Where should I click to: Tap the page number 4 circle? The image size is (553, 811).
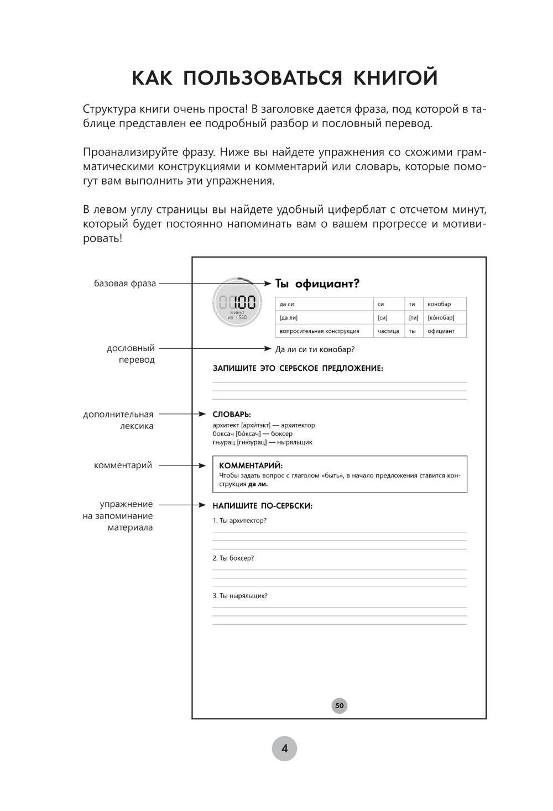coord(284,749)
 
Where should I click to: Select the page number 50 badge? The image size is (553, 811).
coord(339,705)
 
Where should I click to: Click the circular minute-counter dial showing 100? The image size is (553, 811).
coord(237,303)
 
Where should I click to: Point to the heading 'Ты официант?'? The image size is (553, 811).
coord(317,284)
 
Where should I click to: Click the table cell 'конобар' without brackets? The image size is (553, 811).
coord(439,304)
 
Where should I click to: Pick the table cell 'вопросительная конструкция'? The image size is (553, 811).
coord(319,331)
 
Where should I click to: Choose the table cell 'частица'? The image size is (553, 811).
coord(388,331)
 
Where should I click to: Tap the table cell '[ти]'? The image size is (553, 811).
coord(413,318)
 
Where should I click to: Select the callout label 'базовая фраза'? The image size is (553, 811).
coord(125,284)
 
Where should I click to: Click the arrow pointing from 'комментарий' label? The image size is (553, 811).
coord(182,465)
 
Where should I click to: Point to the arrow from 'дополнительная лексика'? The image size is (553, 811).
coord(182,414)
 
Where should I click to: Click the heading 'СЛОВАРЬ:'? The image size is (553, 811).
coord(232,414)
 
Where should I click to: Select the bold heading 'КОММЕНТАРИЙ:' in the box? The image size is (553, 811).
coord(251,465)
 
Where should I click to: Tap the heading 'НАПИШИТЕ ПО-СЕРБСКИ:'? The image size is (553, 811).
coord(263,505)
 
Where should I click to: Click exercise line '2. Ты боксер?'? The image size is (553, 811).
coord(233,558)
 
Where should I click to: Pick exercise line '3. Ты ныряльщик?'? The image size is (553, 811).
coord(240,596)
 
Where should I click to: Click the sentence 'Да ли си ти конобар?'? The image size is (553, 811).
coord(315,349)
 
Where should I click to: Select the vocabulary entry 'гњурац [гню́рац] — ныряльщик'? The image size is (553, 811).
coord(263,442)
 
